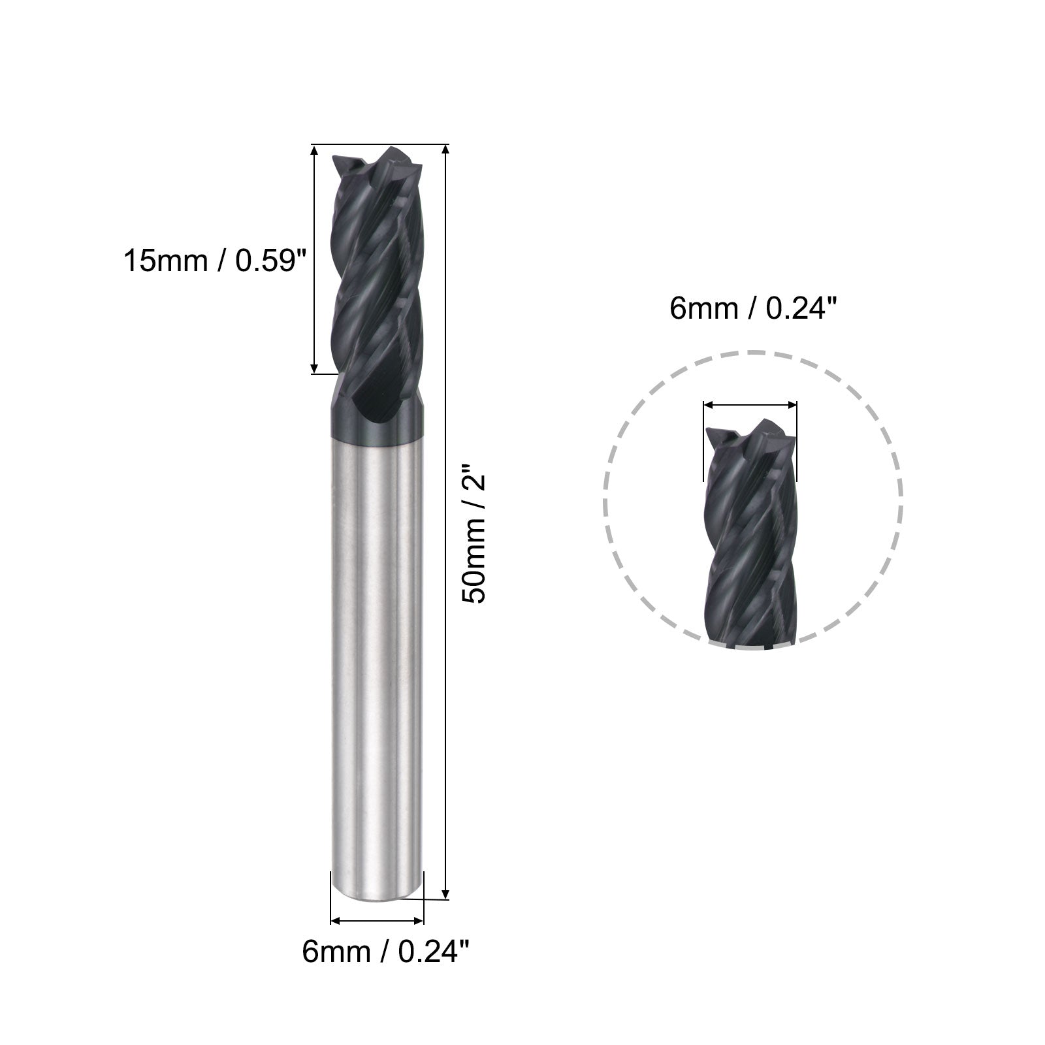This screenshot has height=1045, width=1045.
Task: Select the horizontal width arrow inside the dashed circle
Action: pos(750,405)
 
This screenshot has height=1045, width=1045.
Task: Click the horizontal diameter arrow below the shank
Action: pos(378,921)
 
